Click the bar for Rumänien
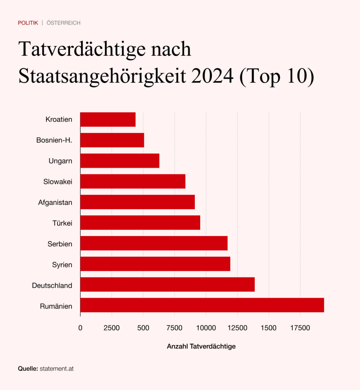pyautogui.click(x=202, y=305)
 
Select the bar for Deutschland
pyautogui.click(x=167, y=285)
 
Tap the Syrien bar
pyautogui.click(x=155, y=264)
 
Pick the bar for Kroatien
pyautogui.click(x=108, y=120)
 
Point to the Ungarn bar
pyautogui.click(x=119, y=161)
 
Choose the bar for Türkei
pyautogui.click(x=140, y=222)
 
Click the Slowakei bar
pyautogui.click(x=132, y=181)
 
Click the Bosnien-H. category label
pyautogui.click(x=54, y=140)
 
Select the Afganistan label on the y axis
pyautogui.click(x=55, y=202)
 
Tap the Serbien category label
pyautogui.click(x=60, y=243)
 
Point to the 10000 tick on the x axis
pyautogui.click(x=206, y=328)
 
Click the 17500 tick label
pyautogui.click(x=300, y=328)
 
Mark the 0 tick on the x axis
pyautogui.click(x=80, y=328)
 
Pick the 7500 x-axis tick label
pyautogui.click(x=175, y=328)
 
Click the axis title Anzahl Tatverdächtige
pyautogui.click(x=201, y=347)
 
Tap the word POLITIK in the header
pyautogui.click(x=28, y=23)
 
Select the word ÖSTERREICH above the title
pyautogui.click(x=64, y=23)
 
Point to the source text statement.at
pyautogui.click(x=57, y=369)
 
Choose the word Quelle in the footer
pyautogui.click(x=28, y=369)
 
